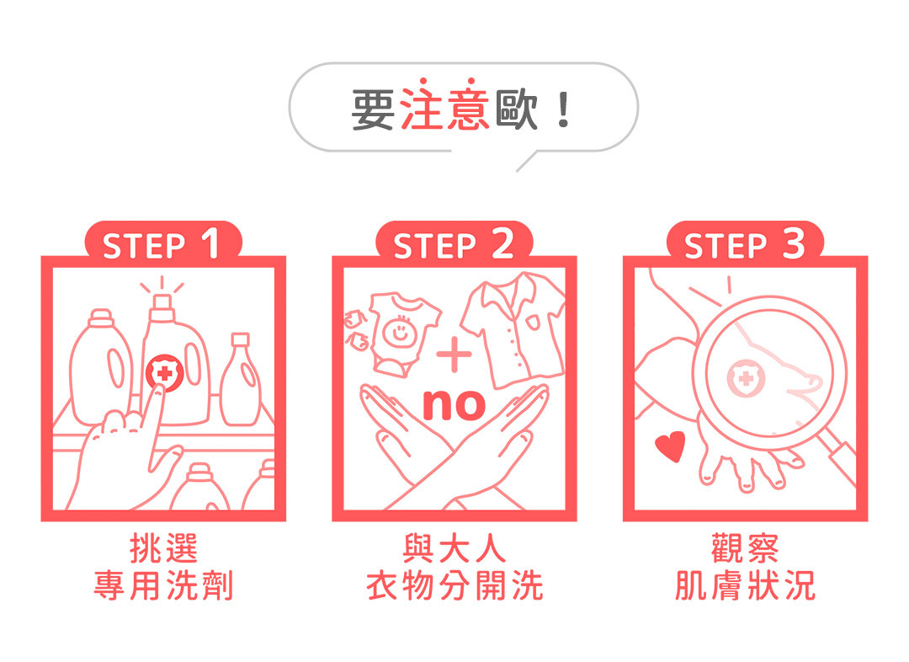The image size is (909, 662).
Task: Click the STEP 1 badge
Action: pyautogui.click(x=162, y=245)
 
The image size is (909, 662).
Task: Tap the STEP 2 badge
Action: pyautogui.click(x=454, y=245)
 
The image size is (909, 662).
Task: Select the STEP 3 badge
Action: pyautogui.click(x=744, y=245)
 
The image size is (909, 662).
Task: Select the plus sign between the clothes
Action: pyautogui.click(x=455, y=355)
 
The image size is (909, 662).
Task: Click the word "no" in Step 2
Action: pyautogui.click(x=454, y=403)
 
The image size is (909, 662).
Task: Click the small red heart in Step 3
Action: pyautogui.click(x=671, y=446)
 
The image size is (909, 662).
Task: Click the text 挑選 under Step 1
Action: pyautogui.click(x=163, y=549)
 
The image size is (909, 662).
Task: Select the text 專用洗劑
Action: pyautogui.click(x=163, y=585)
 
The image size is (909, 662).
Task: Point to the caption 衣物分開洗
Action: pyautogui.click(x=454, y=585)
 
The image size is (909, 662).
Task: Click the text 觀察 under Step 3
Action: pyautogui.click(x=745, y=549)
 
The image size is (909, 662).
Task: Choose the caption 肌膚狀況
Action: pyautogui.click(x=745, y=585)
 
